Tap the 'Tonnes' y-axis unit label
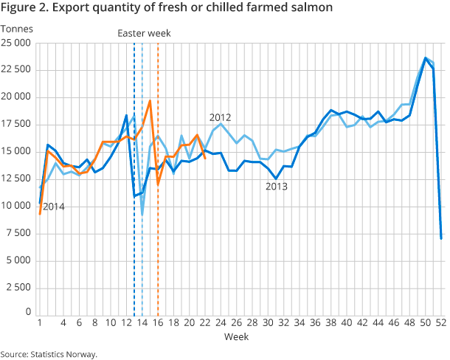click(17, 29)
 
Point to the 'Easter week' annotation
click(145, 32)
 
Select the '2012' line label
click(221, 117)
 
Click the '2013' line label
click(277, 187)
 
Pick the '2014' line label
click(53, 207)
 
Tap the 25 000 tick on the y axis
click(15, 43)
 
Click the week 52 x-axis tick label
click(440, 323)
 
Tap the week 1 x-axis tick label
click(39, 323)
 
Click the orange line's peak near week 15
click(150, 101)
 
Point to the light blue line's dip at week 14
click(142, 215)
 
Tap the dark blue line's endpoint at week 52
click(441, 238)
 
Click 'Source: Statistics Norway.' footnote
click(49, 354)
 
